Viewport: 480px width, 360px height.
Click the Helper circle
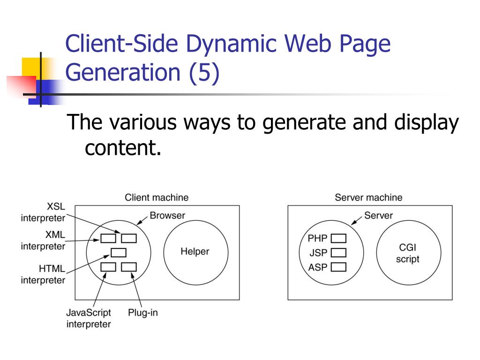pos(195,252)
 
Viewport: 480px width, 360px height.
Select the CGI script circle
pos(408,253)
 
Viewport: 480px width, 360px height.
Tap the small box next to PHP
pos(338,239)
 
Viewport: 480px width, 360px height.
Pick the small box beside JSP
pos(338,253)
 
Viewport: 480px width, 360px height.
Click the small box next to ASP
pos(338,268)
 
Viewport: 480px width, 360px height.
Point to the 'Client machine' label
pos(157,197)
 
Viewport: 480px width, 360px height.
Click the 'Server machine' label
pos(368,197)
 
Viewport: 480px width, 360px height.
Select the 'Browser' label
pos(167,216)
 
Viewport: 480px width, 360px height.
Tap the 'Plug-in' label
pos(143,313)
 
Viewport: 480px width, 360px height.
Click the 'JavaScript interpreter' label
pos(89,318)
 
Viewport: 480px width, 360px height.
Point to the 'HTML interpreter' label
pos(44,275)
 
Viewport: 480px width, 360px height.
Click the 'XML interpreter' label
pos(43,240)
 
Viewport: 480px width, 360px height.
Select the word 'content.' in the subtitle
pos(123,148)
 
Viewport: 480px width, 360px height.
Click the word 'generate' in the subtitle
pos(302,124)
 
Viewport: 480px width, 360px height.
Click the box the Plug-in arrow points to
pos(128,267)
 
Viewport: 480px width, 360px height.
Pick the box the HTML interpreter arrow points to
pos(119,253)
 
